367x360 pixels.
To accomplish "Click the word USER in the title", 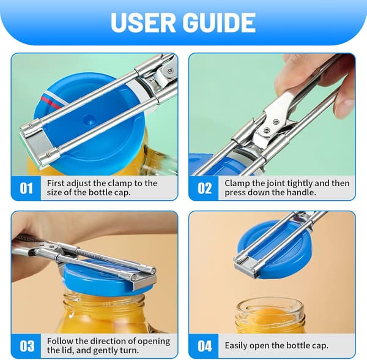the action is [x=143, y=23].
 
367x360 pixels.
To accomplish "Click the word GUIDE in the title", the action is [x=219, y=23].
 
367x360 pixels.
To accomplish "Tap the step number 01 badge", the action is [x=26, y=188].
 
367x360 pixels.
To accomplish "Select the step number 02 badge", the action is [x=204, y=188].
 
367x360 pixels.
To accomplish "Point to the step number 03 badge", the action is [x=26, y=346].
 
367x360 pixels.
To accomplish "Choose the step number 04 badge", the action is [x=204, y=346].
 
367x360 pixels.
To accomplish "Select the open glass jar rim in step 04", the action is [x=270, y=306].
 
